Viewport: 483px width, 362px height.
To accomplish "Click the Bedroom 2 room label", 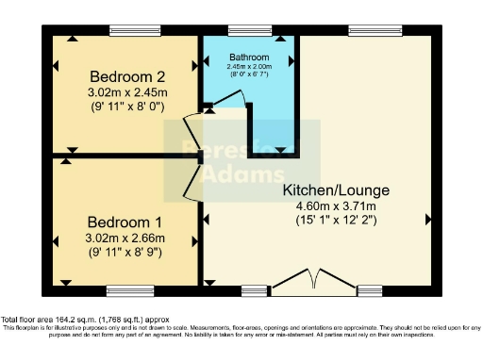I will (x=127, y=76).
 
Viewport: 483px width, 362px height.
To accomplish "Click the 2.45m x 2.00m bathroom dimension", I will (x=248, y=66).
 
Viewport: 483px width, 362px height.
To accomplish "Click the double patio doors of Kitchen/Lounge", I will (x=309, y=286).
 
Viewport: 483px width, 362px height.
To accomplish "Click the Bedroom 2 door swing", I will (x=190, y=125).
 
